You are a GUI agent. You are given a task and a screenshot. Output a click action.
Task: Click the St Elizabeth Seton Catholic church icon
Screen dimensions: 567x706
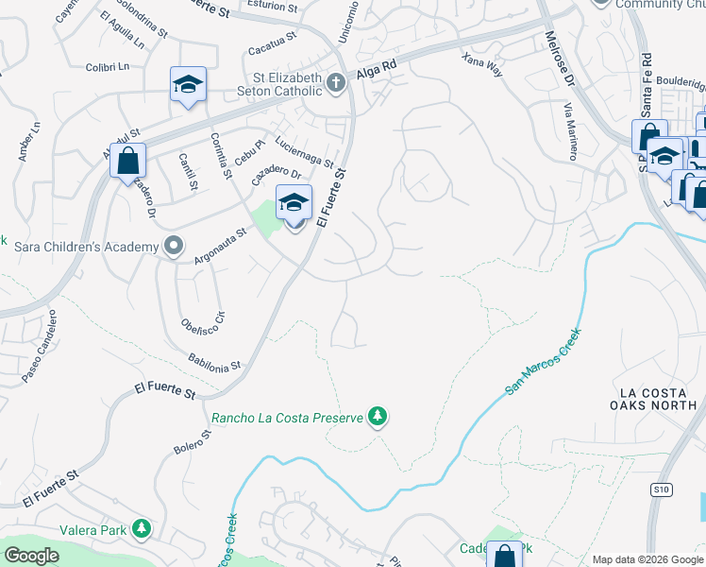pos(334,84)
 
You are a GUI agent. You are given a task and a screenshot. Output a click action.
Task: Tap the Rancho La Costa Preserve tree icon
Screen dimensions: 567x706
pos(378,417)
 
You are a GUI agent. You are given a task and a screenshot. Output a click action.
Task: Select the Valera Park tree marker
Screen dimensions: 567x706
pos(142,528)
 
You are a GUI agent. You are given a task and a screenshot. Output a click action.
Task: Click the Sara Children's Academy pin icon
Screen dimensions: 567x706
pos(173,247)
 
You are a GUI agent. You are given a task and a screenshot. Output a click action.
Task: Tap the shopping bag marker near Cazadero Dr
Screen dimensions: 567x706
pos(127,161)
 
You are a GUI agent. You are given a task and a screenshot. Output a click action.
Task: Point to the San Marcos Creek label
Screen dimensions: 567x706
pos(544,362)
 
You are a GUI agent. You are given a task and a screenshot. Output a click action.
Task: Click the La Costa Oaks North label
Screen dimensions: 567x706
pos(658,399)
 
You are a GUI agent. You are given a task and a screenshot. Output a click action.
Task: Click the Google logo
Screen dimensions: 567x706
pos(31,556)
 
